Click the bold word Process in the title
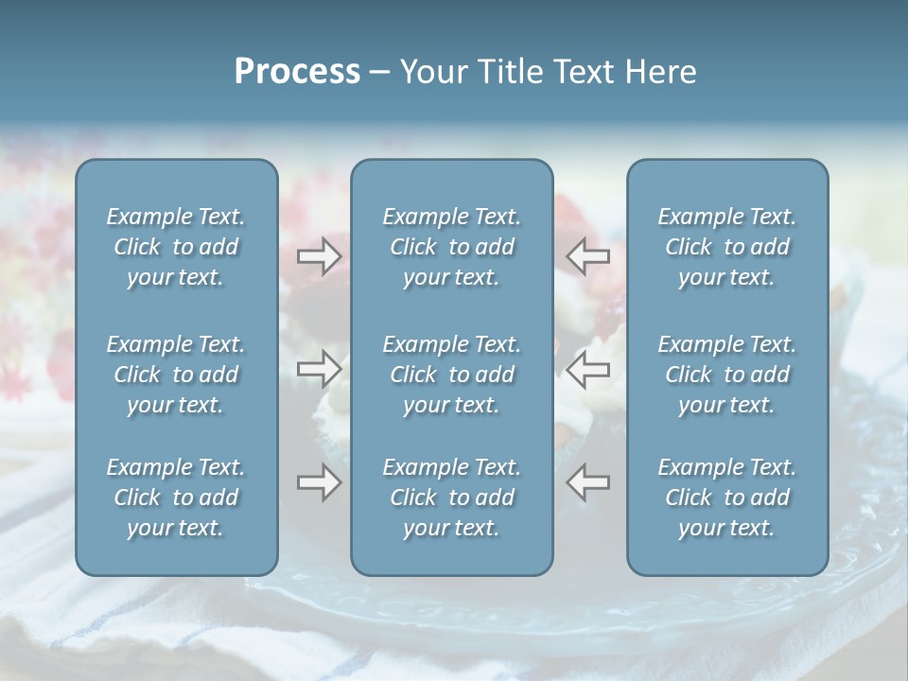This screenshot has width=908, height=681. click(297, 72)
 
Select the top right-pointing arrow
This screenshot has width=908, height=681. click(319, 256)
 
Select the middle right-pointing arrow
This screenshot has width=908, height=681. click(319, 369)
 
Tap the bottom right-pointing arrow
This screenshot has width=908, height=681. click(319, 482)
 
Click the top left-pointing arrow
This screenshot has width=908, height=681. click(588, 256)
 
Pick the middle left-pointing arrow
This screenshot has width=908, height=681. click(588, 369)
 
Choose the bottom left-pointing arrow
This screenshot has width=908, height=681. click(588, 482)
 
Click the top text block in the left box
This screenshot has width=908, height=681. click(176, 247)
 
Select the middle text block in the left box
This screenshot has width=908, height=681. click(176, 375)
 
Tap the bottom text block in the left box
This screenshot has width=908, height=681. click(176, 498)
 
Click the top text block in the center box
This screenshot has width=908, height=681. click(451, 247)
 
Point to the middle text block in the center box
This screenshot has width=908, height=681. click(451, 375)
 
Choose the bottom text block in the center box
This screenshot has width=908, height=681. click(451, 498)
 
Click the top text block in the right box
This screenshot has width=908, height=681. click(726, 247)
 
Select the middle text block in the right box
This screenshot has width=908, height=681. click(726, 375)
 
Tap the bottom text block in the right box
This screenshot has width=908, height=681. click(726, 498)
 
